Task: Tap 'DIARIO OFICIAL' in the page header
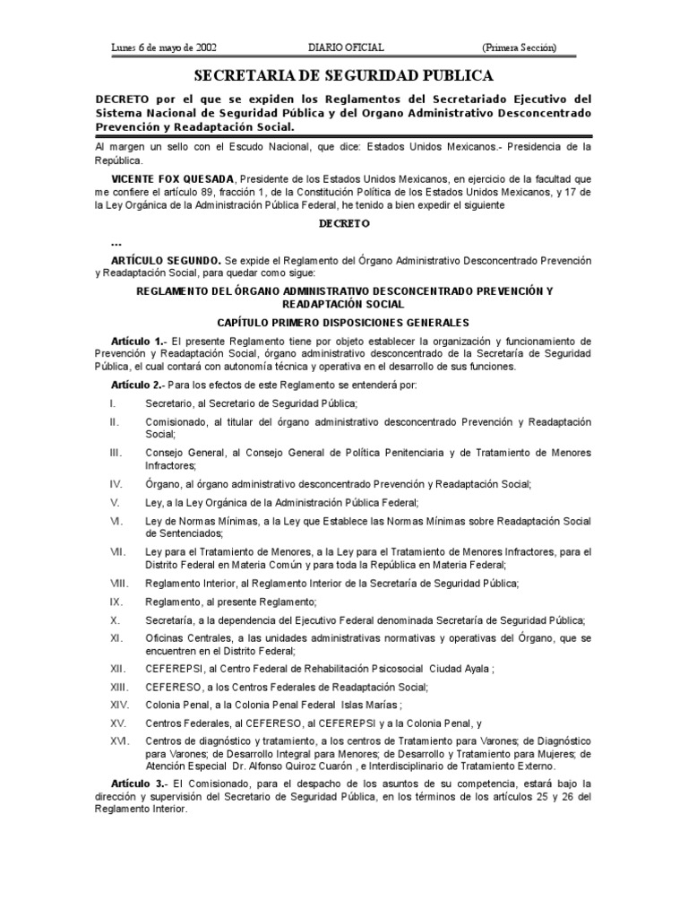[x=345, y=48]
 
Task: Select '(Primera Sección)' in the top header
[x=519, y=48]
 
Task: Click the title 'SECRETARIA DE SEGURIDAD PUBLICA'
[x=344, y=75]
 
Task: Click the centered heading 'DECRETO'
[x=344, y=223]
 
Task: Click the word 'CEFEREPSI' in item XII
[x=173, y=668]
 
